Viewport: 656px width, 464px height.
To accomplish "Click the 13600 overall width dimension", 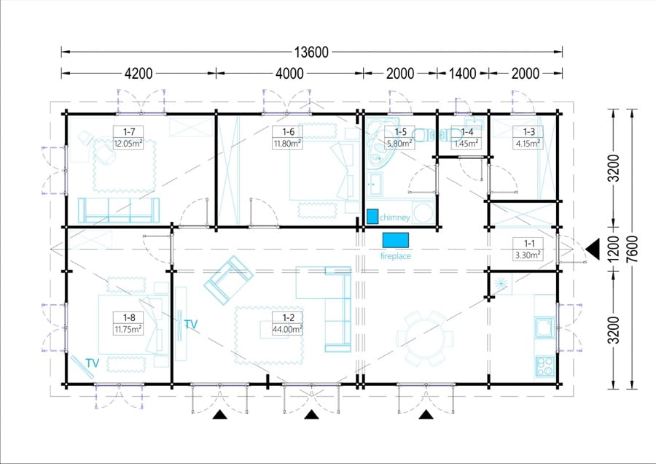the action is [311, 53].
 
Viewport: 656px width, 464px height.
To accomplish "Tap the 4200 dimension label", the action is [138, 74].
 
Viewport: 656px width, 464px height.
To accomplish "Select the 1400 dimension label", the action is [463, 74].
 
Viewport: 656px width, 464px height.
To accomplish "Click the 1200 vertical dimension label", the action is [613, 250].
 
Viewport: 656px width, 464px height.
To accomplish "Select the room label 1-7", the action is [129, 132].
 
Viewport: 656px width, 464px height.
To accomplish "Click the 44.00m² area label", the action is [287, 329].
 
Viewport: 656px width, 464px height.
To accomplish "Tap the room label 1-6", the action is [288, 132].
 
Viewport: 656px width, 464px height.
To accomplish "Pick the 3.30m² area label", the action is [528, 255].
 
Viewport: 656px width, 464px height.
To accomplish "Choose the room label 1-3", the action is [529, 132].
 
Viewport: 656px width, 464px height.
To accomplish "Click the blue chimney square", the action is [372, 216].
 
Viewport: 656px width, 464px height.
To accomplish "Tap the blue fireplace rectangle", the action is [395, 240].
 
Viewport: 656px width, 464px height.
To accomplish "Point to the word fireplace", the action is [395, 256].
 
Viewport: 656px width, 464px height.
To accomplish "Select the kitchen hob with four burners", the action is [545, 366].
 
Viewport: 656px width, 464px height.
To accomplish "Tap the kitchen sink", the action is [545, 327].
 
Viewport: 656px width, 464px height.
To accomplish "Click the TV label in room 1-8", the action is [92, 363].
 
